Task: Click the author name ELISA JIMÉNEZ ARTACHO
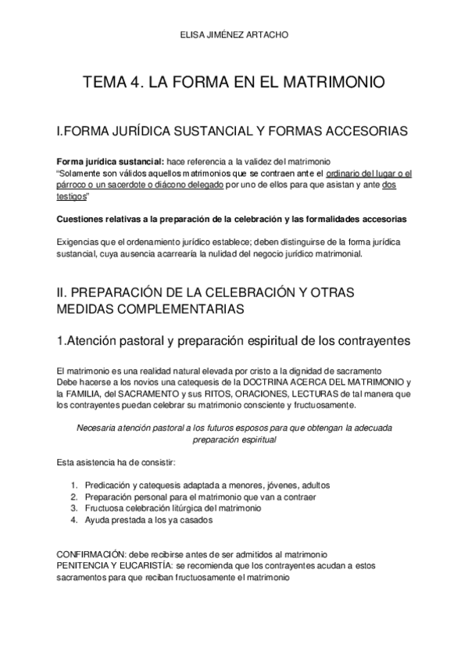tap(234, 34)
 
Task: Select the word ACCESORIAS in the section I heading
tap(362, 131)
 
